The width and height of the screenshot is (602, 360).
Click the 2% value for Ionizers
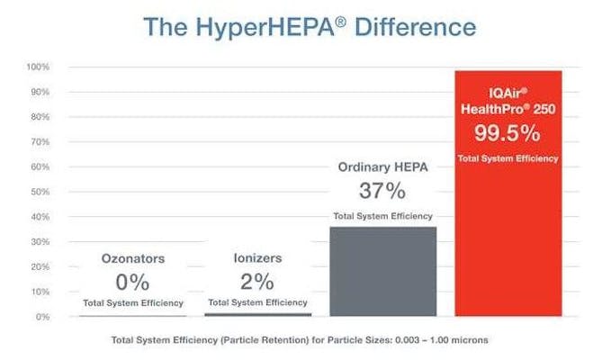[x=257, y=281]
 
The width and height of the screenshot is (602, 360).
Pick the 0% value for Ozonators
[x=132, y=281]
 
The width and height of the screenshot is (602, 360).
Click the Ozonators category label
[x=132, y=258]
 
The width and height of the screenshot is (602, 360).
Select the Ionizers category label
[x=257, y=258]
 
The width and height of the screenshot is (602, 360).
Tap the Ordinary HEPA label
[x=383, y=167]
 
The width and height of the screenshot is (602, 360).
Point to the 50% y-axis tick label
[x=39, y=193]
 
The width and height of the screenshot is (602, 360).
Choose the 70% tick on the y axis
[x=39, y=142]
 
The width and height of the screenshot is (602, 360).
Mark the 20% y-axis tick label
[x=39, y=267]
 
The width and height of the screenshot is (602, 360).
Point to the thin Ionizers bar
[x=257, y=314]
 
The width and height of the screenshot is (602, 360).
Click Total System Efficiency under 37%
[x=383, y=216]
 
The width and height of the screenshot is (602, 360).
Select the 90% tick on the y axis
[x=39, y=93]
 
